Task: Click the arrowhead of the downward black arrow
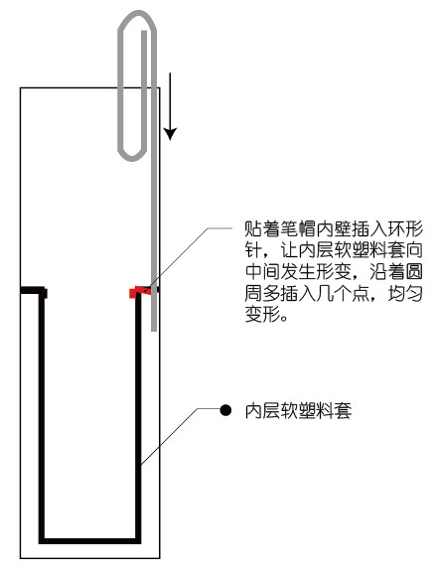pos(170,134)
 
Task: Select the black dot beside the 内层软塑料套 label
pos(225,410)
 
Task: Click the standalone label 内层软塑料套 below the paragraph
pos(298,411)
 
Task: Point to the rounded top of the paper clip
pos(137,15)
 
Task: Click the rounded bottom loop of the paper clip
pos(131,156)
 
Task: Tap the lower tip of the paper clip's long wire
pos(154,329)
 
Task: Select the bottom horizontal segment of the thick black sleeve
pos(90,540)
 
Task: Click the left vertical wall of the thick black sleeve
pos(42,415)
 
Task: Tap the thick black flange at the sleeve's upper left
pos(33,290)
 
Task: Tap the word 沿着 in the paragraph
pos(387,271)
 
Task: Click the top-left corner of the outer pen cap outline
pos(21,88)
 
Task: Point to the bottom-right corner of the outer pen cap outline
pos(160,558)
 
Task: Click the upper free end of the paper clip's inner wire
pos(144,32)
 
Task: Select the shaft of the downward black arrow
pos(170,101)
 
